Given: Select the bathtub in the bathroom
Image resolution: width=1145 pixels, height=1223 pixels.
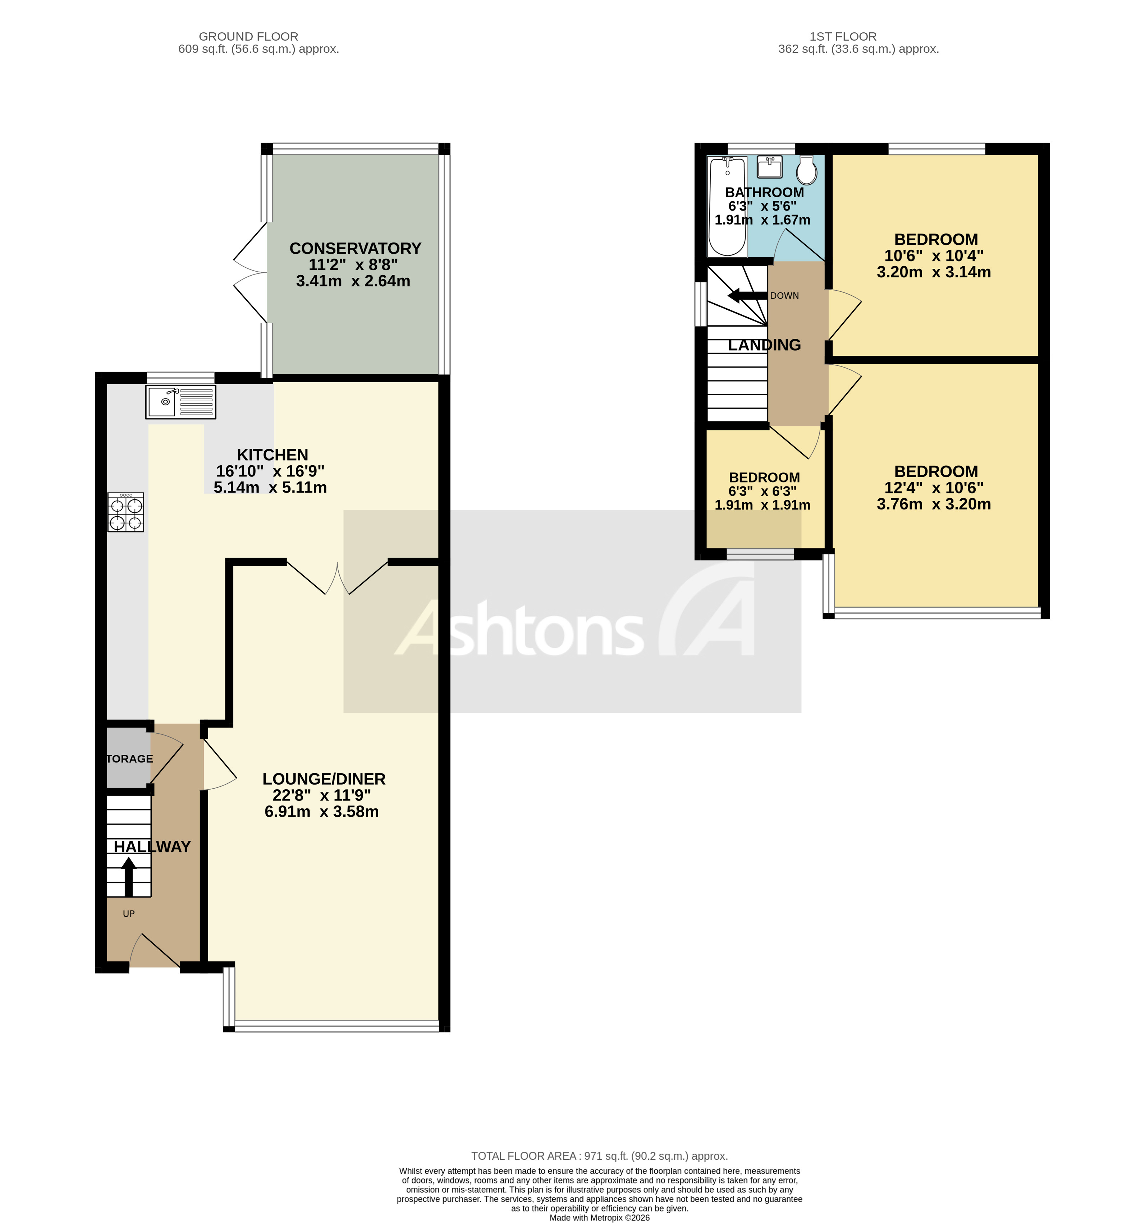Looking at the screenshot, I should [x=727, y=206].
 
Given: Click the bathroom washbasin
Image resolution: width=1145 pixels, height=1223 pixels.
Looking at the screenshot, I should [x=769, y=167].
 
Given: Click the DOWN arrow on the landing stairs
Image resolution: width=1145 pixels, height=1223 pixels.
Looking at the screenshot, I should [x=746, y=296].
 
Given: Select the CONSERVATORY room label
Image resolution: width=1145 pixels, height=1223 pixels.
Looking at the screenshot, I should [x=355, y=249].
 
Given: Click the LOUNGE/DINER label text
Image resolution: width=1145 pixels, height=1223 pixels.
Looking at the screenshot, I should [x=324, y=779].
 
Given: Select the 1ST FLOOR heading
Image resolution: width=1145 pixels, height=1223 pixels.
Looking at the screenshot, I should [x=843, y=36].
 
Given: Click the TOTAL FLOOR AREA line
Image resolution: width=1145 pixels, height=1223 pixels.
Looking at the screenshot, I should [x=599, y=1156].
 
